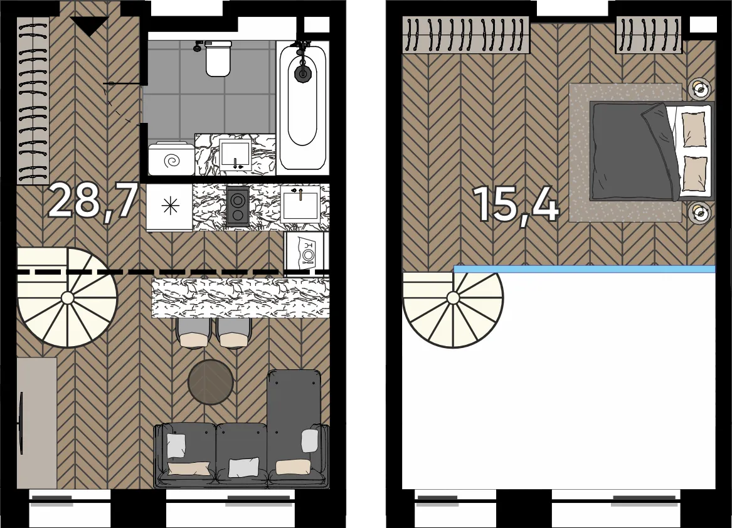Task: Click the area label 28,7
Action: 93,201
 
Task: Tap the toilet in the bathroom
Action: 218,58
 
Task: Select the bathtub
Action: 303,107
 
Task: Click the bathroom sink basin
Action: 236,154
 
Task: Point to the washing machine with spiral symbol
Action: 171,159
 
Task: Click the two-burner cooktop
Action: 238,207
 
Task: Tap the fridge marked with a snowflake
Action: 169,207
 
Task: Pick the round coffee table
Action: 210,383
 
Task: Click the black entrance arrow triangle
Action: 90,26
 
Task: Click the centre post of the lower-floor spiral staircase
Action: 67,298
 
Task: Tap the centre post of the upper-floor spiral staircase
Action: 453,298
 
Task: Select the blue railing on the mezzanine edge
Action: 585,269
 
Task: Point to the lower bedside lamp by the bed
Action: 699,213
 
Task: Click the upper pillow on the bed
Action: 694,129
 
